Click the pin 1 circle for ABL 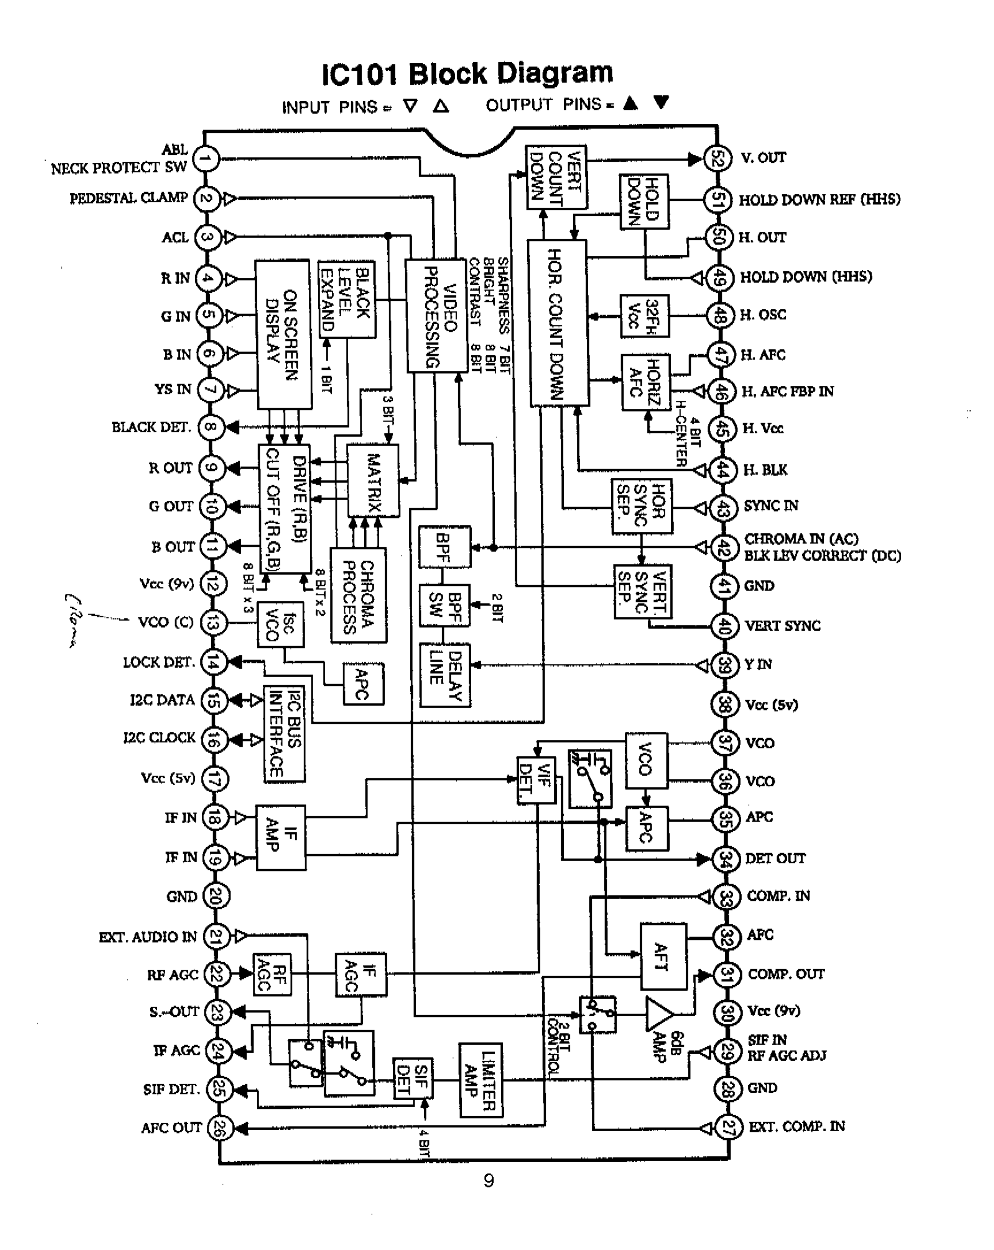tap(206, 158)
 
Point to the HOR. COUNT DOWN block tap(558, 323)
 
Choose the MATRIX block tap(373, 481)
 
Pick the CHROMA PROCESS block tap(358, 595)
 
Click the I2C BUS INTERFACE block tap(284, 734)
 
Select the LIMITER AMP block tap(481, 1080)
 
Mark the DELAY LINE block tap(445, 675)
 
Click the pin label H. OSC tap(762, 315)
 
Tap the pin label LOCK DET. tap(158, 662)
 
